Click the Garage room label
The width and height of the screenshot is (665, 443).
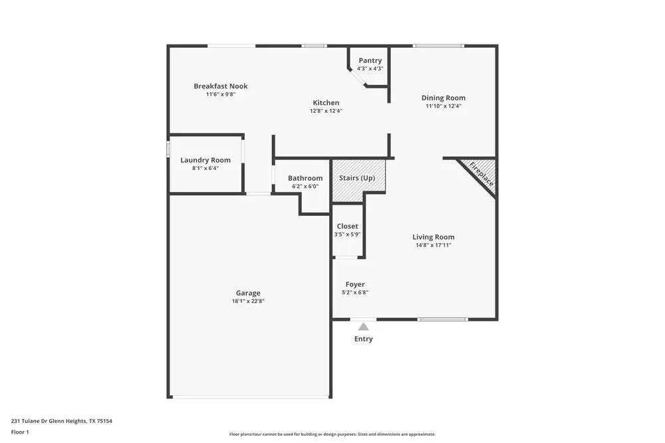248,293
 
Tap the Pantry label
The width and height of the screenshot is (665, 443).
370,60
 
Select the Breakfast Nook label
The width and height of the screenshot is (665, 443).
221,86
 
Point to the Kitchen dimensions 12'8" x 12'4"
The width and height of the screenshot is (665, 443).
326,112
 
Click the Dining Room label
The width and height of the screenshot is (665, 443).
443,98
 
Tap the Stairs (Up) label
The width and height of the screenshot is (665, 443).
357,178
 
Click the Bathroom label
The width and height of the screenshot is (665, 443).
305,178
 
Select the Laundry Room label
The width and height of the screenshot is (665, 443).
205,160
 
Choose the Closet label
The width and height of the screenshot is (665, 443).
347,226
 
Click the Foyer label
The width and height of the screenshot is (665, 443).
355,284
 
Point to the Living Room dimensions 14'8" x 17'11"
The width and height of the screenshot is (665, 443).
434,245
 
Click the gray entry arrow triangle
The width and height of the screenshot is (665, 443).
363,326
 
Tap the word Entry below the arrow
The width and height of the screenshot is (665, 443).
364,339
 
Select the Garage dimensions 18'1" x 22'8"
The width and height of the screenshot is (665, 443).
248,301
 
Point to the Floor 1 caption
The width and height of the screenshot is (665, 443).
20,432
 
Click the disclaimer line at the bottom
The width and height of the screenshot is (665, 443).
332,434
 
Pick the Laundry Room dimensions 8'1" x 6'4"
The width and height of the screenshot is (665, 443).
205,168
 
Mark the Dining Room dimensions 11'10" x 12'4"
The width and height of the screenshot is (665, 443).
444,106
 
